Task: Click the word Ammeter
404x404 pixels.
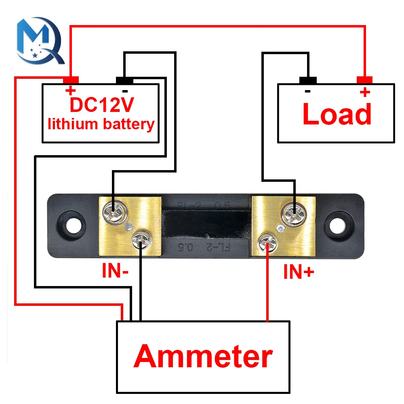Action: point(203,357)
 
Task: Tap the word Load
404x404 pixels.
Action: point(337,114)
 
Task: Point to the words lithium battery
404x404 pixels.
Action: point(101,124)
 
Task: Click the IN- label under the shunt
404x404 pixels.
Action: point(115,272)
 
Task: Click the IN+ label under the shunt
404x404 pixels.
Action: point(298,273)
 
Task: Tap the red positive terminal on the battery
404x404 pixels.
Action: point(71,80)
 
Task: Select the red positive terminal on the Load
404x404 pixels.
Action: point(365,80)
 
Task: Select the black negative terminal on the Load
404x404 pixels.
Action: point(307,80)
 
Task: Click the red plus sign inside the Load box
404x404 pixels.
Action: point(365,92)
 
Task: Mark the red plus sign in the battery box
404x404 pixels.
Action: point(70,90)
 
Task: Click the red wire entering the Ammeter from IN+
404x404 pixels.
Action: point(267,291)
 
